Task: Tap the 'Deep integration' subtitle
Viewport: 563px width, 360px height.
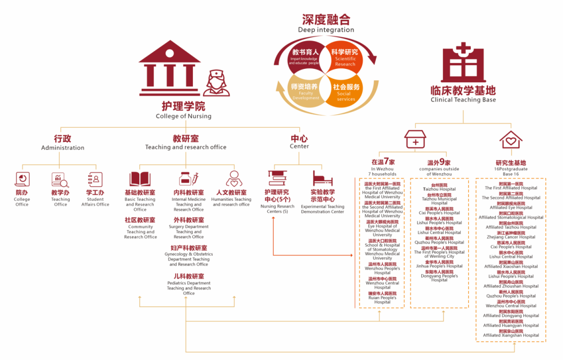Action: tap(326, 30)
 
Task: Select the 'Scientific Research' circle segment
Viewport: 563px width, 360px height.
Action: tap(346, 57)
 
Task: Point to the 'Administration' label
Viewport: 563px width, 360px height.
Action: tap(63, 148)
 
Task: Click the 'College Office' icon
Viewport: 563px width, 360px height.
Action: tap(22, 179)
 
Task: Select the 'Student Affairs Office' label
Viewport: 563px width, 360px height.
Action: tap(95, 201)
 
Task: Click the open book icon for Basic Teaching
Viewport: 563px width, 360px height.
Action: tap(140, 179)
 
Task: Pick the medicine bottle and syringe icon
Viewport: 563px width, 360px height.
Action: tap(188, 179)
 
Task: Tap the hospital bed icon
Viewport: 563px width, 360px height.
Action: tap(323, 179)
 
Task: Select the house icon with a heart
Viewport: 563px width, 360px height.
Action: tap(510, 139)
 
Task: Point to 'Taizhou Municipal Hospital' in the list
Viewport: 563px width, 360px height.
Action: tap(439, 201)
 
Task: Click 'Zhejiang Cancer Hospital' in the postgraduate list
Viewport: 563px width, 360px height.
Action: tap(511, 237)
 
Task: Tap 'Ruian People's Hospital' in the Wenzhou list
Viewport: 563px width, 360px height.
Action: tap(382, 299)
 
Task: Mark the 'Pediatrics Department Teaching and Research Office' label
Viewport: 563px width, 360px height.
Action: tap(189, 288)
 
